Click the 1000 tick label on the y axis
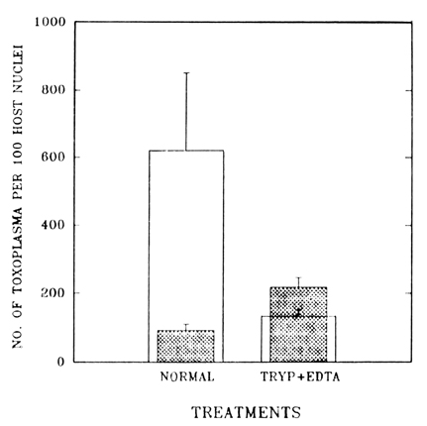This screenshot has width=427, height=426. click(x=50, y=22)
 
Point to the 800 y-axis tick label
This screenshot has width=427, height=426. click(x=53, y=90)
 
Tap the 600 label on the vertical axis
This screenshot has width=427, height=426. click(x=53, y=158)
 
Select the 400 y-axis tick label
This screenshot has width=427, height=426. click(x=53, y=226)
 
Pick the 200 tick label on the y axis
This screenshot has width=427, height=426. click(x=53, y=293)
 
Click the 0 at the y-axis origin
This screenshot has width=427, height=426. click(x=60, y=362)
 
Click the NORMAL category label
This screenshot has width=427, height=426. click(x=187, y=376)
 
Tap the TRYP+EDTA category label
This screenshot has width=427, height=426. click(x=300, y=376)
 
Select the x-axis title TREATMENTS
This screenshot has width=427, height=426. click(x=247, y=413)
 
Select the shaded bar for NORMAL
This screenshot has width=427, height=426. click(x=185, y=346)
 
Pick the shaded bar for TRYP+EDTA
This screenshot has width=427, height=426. click(x=298, y=325)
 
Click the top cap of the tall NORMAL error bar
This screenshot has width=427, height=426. click(x=186, y=72)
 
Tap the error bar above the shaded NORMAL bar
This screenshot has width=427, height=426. click(x=186, y=327)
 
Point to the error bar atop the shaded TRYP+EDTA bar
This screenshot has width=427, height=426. click(x=299, y=282)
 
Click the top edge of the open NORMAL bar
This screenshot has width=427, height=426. click(x=186, y=151)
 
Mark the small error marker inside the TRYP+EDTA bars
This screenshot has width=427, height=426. click(x=298, y=312)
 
